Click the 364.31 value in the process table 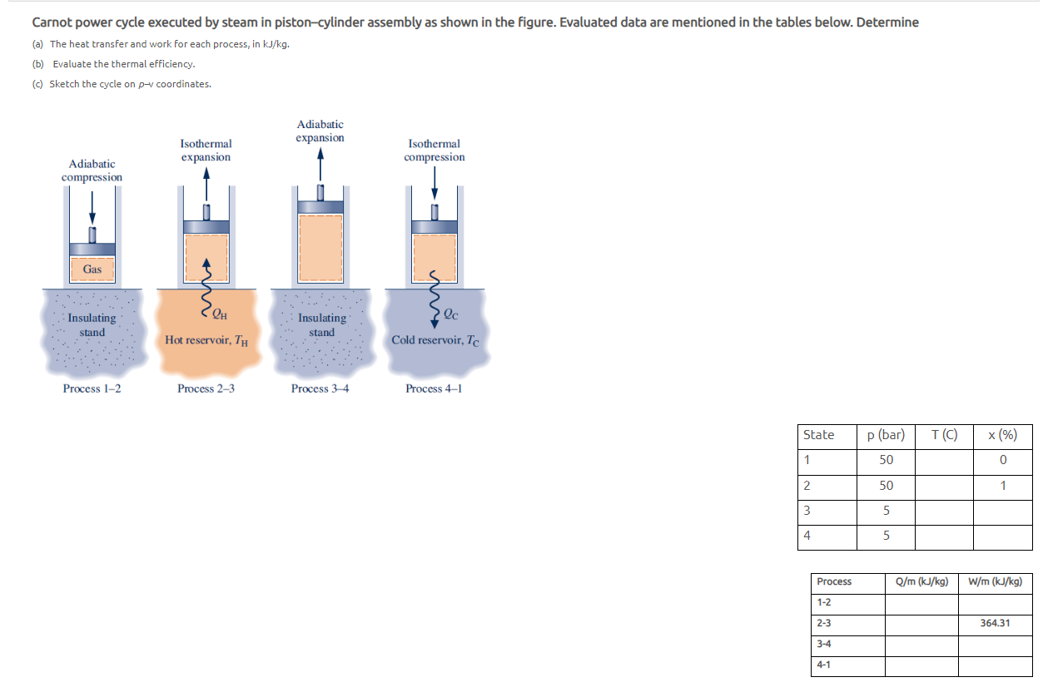pos(996,623)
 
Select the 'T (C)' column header pos(944,435)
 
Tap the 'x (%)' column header pos(1002,435)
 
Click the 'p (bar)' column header pos(886,435)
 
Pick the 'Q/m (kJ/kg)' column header pos(921,581)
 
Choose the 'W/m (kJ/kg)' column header pos(996,581)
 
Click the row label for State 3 pos(807,511)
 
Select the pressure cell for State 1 pos(886,460)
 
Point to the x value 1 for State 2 pos(1003,486)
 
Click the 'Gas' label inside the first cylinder pos(92,269)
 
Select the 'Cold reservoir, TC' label pos(435,340)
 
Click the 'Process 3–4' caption pos(320,388)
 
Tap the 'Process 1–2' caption pos(92,388)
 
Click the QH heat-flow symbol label pos(219,314)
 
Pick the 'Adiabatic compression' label pos(92,171)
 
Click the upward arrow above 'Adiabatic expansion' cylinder pos(320,163)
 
